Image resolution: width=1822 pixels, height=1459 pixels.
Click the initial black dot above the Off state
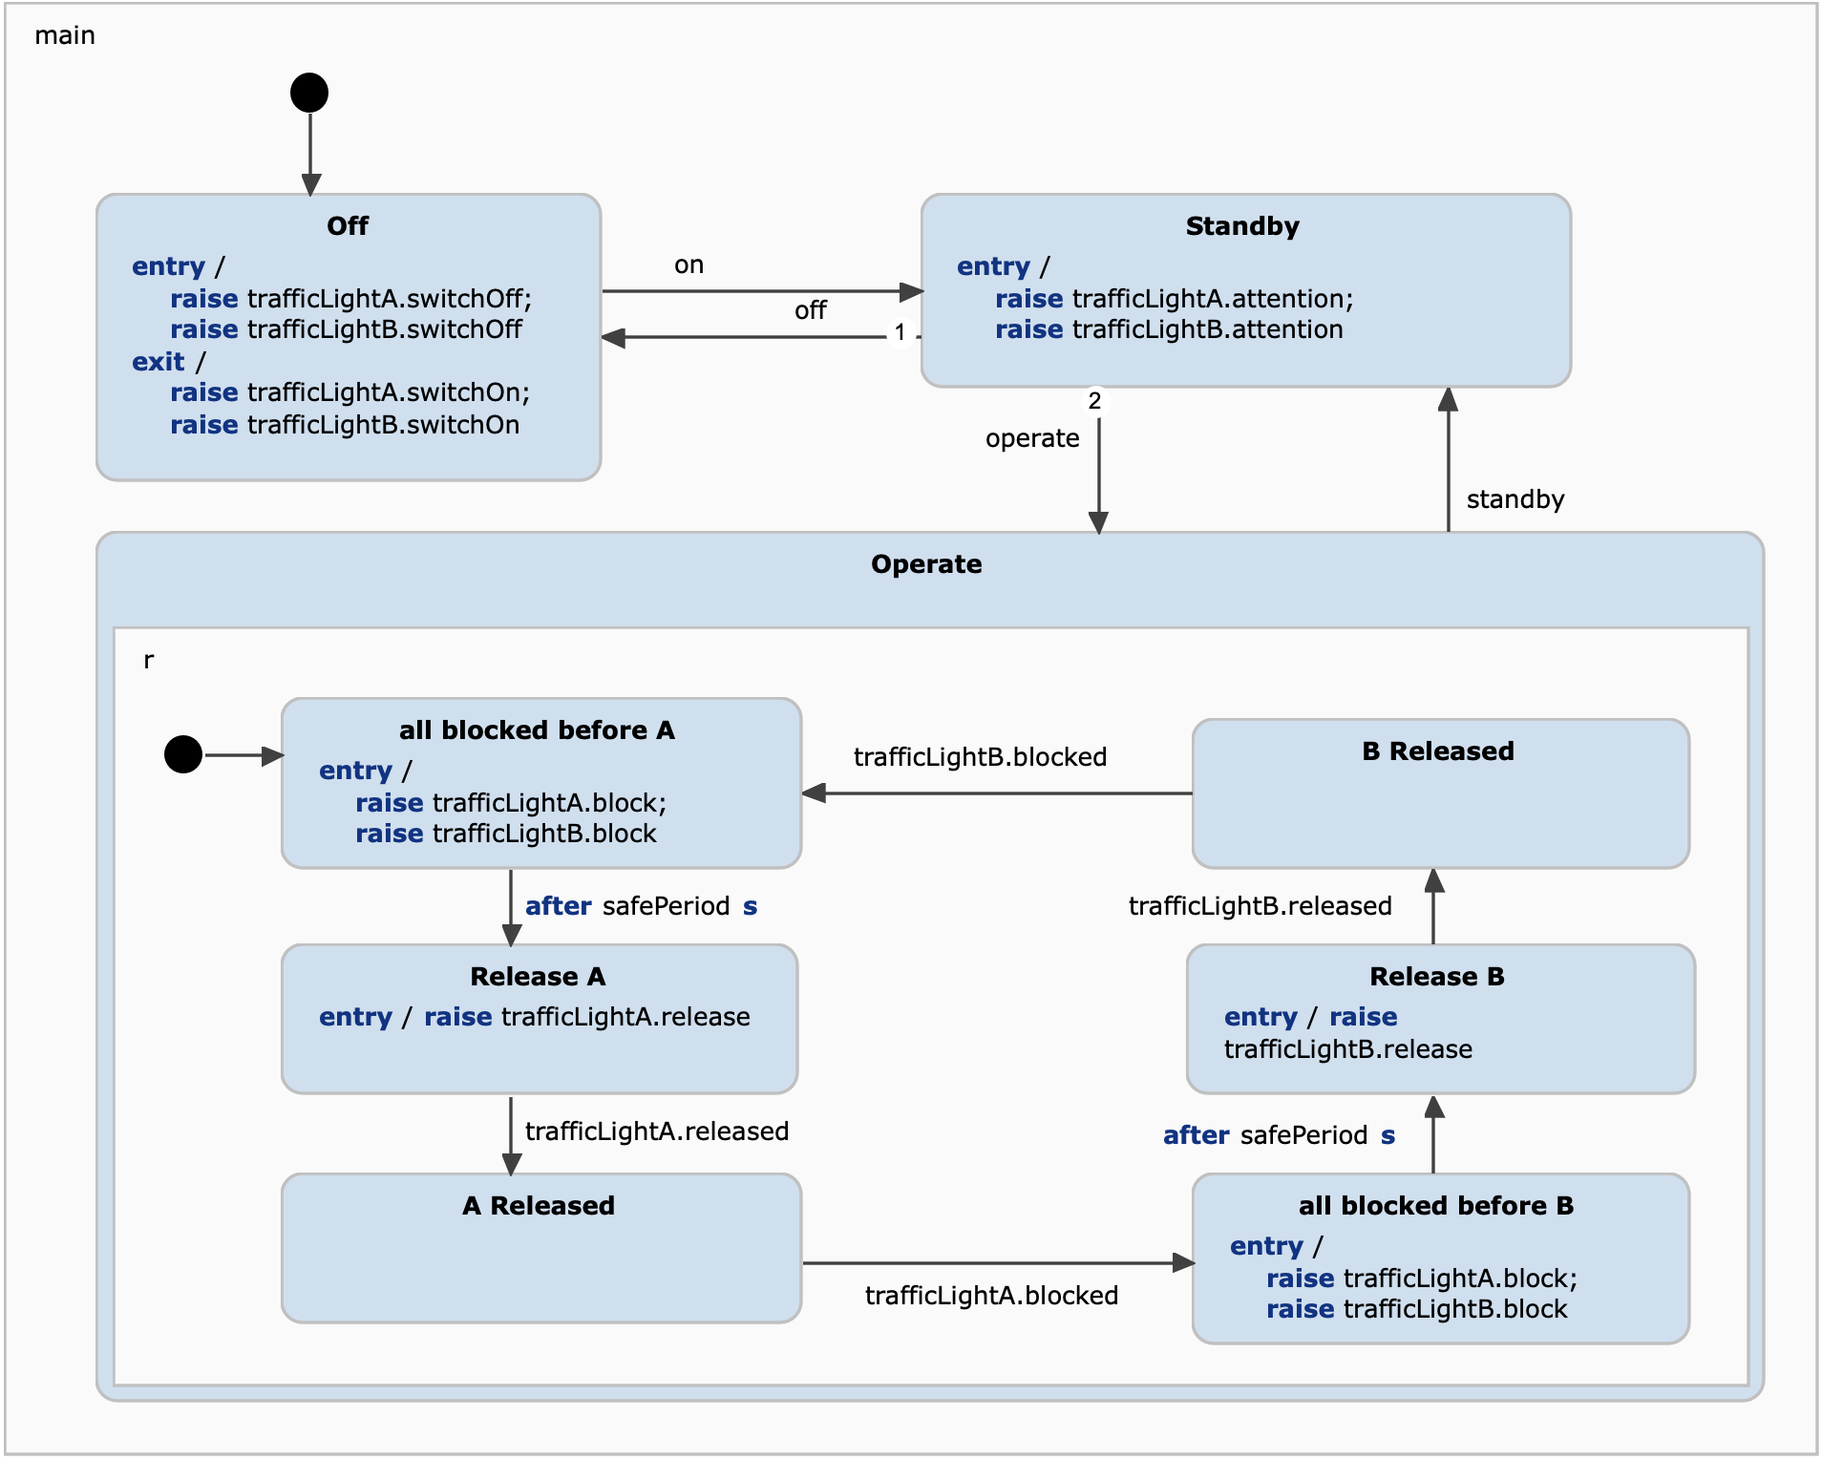pyautogui.click(x=309, y=93)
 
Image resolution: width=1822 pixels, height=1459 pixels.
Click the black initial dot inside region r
pyautogui.click(x=183, y=754)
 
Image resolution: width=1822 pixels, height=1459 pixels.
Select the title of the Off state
pyautogui.click(x=348, y=226)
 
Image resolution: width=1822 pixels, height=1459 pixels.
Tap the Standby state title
pyautogui.click(x=1242, y=226)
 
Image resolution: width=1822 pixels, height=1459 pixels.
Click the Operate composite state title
pyautogui.click(x=926, y=564)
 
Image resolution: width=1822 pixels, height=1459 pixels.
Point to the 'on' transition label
pyautogui.click(x=689, y=265)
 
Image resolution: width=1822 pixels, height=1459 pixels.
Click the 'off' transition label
pyautogui.click(x=810, y=310)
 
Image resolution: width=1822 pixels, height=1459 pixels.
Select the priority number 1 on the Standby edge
pyautogui.click(x=900, y=332)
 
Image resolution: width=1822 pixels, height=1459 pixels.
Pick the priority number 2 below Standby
pyautogui.click(x=1094, y=401)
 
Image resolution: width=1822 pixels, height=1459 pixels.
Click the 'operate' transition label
pyautogui.click(x=1032, y=438)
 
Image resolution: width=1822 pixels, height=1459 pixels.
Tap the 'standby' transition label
pyautogui.click(x=1515, y=499)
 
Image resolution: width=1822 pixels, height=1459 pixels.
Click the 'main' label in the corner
pyautogui.click(x=65, y=35)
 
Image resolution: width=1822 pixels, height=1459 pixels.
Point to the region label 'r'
pyautogui.click(x=149, y=660)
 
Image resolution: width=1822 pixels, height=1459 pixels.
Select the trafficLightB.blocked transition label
pyautogui.click(x=980, y=757)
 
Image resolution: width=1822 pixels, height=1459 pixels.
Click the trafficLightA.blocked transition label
pyautogui.click(x=991, y=1296)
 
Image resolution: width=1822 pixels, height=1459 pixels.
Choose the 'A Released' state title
pyautogui.click(x=539, y=1206)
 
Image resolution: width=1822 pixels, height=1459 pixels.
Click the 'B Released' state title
pyautogui.click(x=1438, y=751)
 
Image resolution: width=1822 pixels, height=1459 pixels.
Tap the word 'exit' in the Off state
pyautogui.click(x=158, y=362)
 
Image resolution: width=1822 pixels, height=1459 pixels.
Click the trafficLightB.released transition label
pyautogui.click(x=1260, y=906)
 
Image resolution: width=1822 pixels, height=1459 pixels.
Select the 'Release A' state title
pyautogui.click(x=538, y=977)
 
